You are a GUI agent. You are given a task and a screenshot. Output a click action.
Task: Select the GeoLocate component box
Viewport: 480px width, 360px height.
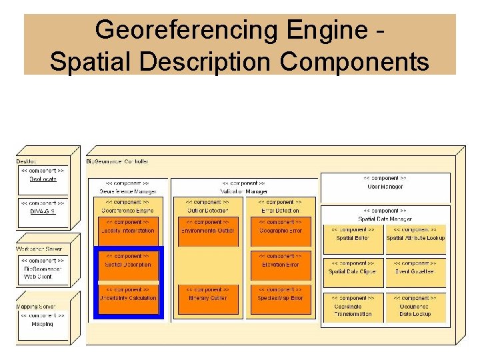pos(43,175)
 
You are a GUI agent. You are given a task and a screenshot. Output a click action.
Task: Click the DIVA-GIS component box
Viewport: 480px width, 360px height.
pos(43,207)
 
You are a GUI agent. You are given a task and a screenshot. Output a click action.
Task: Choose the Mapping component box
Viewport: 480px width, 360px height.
pos(43,319)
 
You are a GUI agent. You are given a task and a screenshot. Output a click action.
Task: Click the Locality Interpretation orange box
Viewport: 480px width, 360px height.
pos(129,227)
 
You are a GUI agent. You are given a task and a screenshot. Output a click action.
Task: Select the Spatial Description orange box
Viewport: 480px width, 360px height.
pos(129,261)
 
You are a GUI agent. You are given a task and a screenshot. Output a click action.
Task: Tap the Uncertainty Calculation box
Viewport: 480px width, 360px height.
pos(129,294)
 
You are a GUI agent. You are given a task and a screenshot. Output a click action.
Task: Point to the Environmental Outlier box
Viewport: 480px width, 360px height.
pos(208,227)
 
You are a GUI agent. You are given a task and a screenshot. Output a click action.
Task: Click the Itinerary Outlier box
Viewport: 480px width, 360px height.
pos(208,294)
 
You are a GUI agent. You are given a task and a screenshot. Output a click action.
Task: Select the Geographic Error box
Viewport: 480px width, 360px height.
pos(280,227)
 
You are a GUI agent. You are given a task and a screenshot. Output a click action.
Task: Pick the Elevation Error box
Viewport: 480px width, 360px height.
pos(280,261)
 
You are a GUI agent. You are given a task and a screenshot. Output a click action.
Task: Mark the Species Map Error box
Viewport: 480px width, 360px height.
pos(280,294)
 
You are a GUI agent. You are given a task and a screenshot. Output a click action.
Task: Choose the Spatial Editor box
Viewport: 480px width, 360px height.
pos(353,235)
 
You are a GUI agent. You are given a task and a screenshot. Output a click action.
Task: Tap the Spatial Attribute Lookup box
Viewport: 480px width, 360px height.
pos(415,235)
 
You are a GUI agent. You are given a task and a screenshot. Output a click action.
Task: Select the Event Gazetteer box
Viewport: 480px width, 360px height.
pos(415,268)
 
